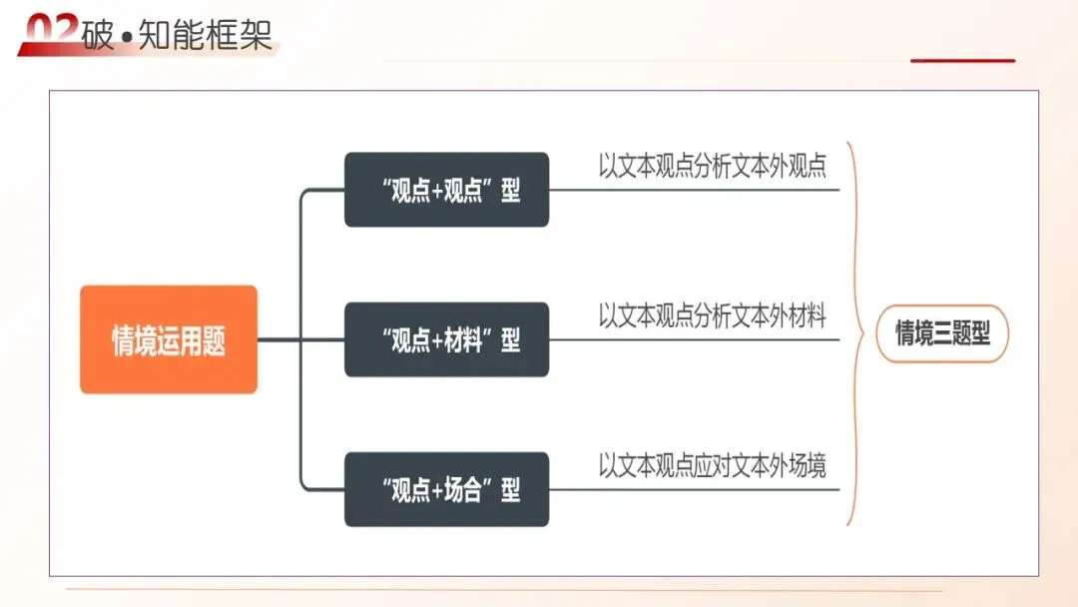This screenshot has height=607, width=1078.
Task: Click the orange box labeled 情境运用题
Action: [x=169, y=339]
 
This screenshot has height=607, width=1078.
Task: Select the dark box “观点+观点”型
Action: [x=446, y=190]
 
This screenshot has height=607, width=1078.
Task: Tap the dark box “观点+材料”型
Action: [x=446, y=339]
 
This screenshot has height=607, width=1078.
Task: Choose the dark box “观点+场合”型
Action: [x=446, y=489]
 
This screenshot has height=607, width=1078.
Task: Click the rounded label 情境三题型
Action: [x=942, y=333]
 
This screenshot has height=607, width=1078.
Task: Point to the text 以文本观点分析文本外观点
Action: [x=713, y=165]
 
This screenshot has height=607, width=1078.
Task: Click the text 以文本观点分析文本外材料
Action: [x=713, y=315]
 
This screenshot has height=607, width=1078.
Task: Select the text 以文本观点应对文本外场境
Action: [x=713, y=465]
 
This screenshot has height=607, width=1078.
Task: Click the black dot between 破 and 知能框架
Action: [x=127, y=37]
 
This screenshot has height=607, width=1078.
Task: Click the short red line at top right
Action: [x=962, y=61]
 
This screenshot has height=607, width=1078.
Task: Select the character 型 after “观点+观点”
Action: [x=511, y=191]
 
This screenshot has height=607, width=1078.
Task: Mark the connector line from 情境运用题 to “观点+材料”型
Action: [x=299, y=339]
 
